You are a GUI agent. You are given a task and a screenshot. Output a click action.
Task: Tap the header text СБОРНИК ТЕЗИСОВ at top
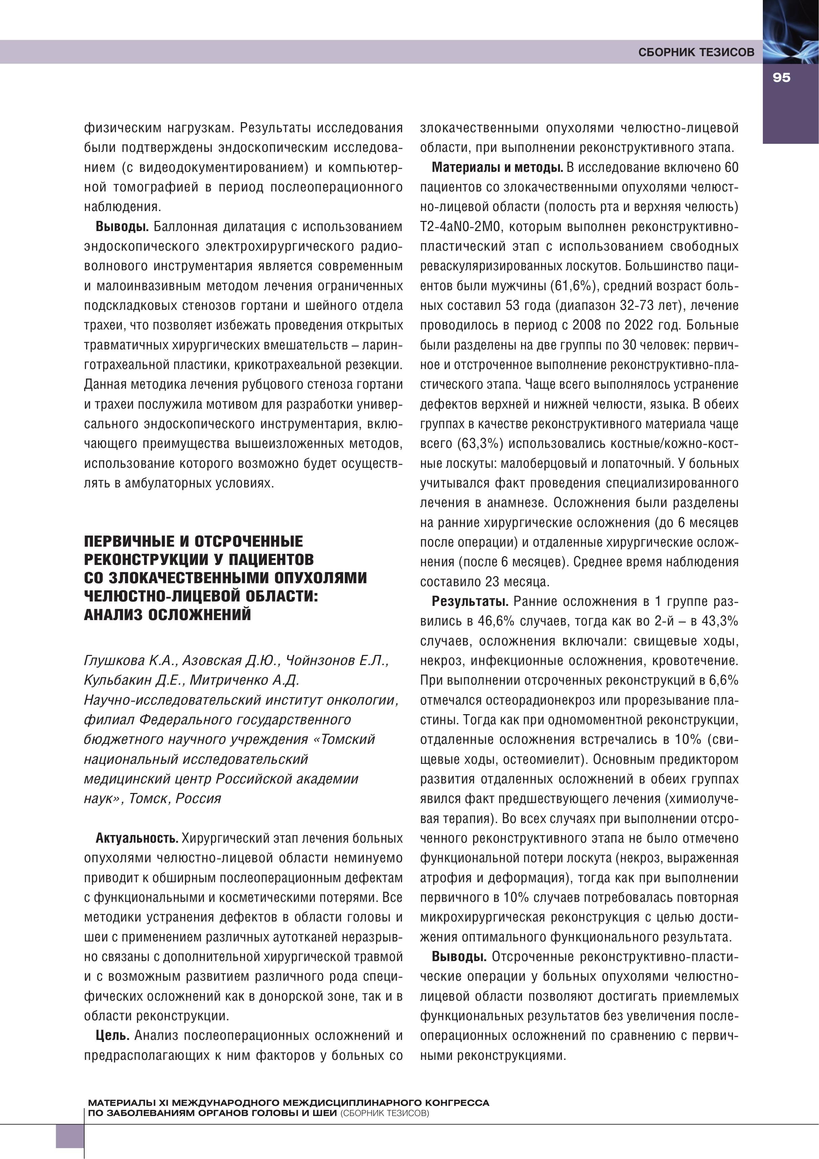696,52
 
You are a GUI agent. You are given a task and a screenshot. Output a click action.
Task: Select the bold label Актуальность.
137,838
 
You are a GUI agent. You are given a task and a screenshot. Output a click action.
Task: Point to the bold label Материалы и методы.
497,167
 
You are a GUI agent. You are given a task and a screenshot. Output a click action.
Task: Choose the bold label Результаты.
469,601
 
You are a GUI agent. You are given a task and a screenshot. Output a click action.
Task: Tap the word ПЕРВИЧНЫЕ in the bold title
130,542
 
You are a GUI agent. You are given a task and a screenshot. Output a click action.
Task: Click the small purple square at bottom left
70,1136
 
